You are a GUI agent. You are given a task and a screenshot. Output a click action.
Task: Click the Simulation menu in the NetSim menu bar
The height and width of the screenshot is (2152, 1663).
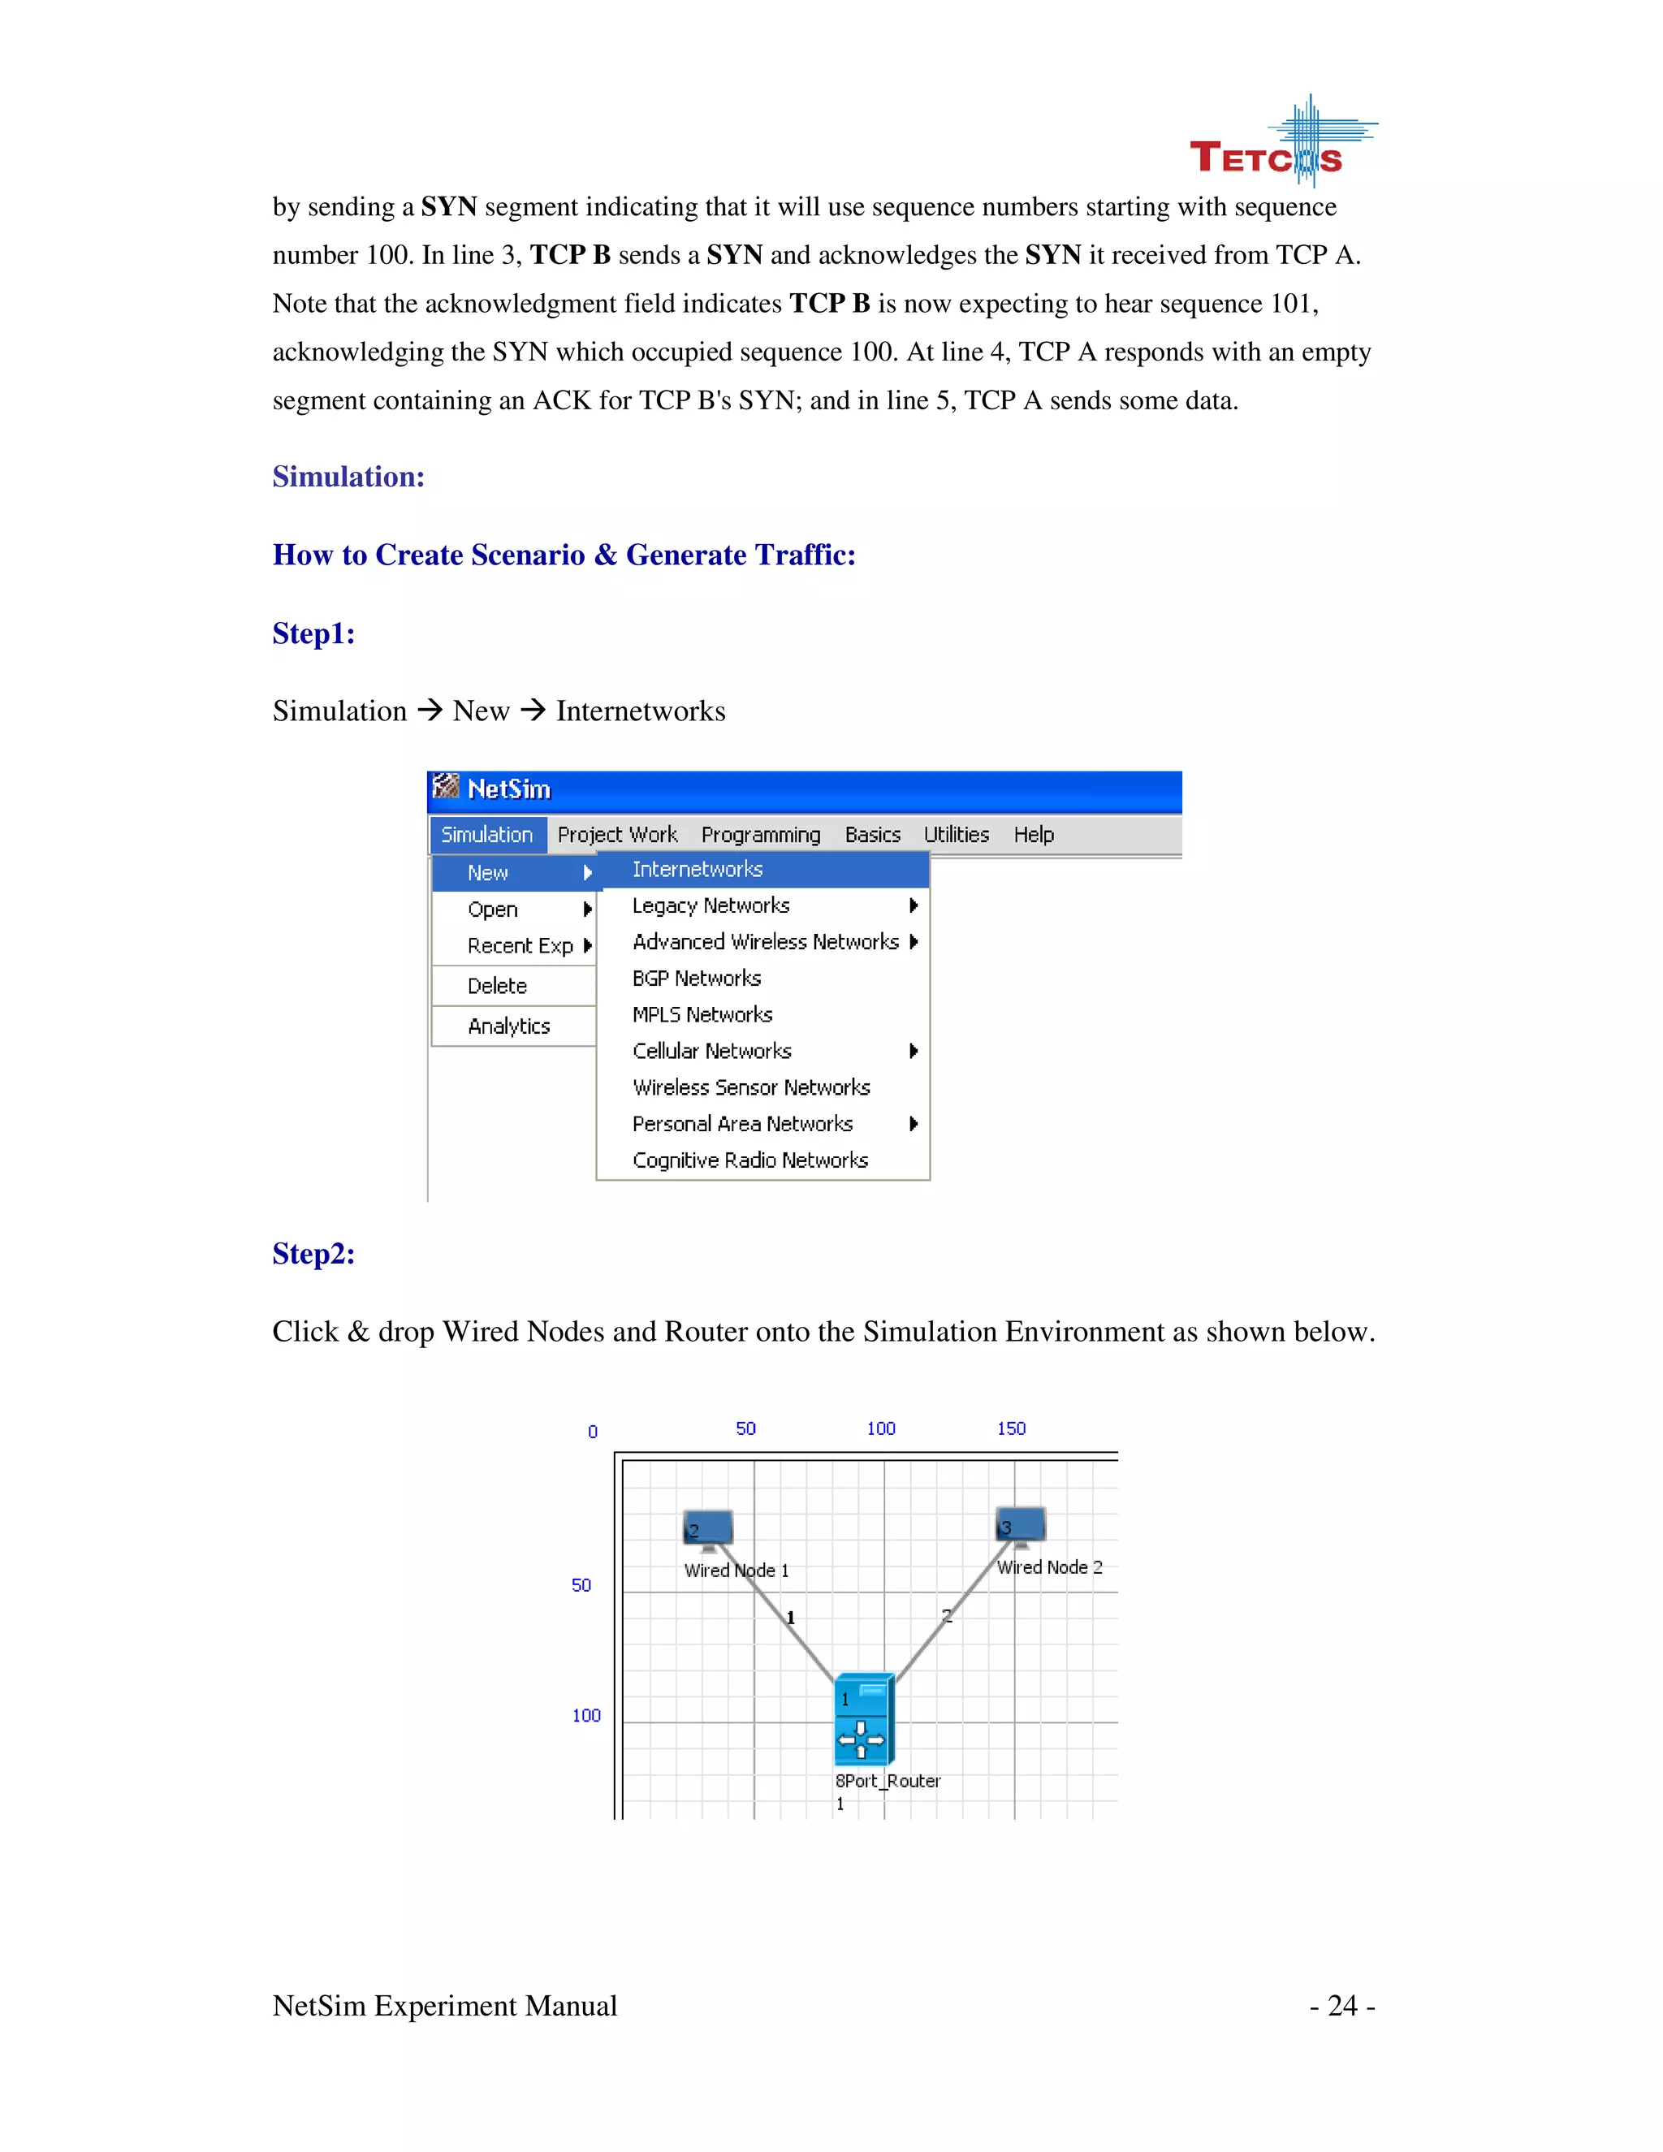(486, 835)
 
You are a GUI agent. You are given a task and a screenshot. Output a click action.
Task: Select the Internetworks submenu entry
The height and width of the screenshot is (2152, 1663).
(698, 869)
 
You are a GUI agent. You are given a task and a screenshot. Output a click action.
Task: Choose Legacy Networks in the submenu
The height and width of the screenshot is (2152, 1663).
(711, 905)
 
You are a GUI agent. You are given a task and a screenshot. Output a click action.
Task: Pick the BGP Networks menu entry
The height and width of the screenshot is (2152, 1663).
(697, 979)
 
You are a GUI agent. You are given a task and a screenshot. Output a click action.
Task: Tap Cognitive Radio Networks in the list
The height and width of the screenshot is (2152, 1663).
(749, 1160)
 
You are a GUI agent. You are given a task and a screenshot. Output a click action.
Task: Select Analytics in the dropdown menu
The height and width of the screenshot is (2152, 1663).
(508, 1026)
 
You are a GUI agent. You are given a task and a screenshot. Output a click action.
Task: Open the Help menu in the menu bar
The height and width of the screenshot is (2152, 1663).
(1034, 835)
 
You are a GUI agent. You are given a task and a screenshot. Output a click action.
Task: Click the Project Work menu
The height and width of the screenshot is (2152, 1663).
(617, 835)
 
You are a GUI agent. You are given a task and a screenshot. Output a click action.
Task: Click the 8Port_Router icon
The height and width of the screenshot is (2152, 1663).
(863, 1718)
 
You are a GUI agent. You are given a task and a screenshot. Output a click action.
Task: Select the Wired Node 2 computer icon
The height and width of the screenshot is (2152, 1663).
(1020, 1525)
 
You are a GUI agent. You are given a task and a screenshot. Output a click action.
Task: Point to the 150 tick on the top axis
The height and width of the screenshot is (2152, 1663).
(1011, 1428)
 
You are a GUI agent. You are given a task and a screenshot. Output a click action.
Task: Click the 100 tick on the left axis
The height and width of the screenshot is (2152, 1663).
(586, 1715)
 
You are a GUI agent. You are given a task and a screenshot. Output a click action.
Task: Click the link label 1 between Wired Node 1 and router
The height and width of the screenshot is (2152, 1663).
(790, 1618)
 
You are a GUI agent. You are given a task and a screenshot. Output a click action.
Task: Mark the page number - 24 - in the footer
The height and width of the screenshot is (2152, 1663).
(1341, 2005)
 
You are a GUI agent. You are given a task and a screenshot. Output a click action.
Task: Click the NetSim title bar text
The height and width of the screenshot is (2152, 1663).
(508, 789)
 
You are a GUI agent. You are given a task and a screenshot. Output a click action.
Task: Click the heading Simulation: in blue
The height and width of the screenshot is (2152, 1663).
(348, 477)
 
